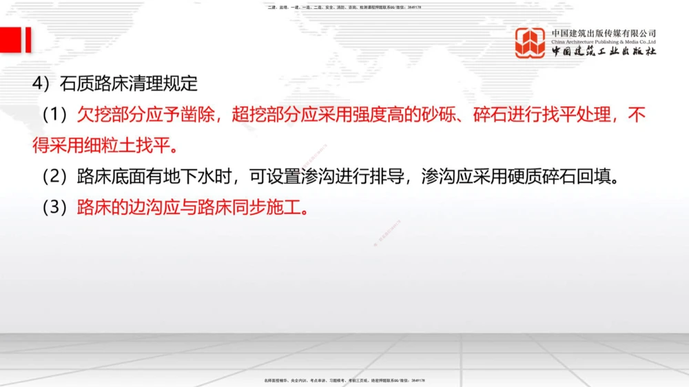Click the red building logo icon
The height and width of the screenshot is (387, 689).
[530, 42]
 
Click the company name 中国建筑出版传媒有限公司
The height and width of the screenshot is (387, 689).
[604, 33]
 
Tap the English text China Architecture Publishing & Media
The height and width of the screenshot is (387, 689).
[604, 41]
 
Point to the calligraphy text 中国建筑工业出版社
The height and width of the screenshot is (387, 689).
[604, 52]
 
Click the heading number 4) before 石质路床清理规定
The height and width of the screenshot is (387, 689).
[44, 84]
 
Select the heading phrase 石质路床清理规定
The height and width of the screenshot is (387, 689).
[129, 84]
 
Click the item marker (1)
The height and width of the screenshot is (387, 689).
[57, 115]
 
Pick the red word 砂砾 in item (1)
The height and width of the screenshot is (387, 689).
[438, 115]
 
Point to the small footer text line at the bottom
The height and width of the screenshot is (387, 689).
[344, 379]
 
